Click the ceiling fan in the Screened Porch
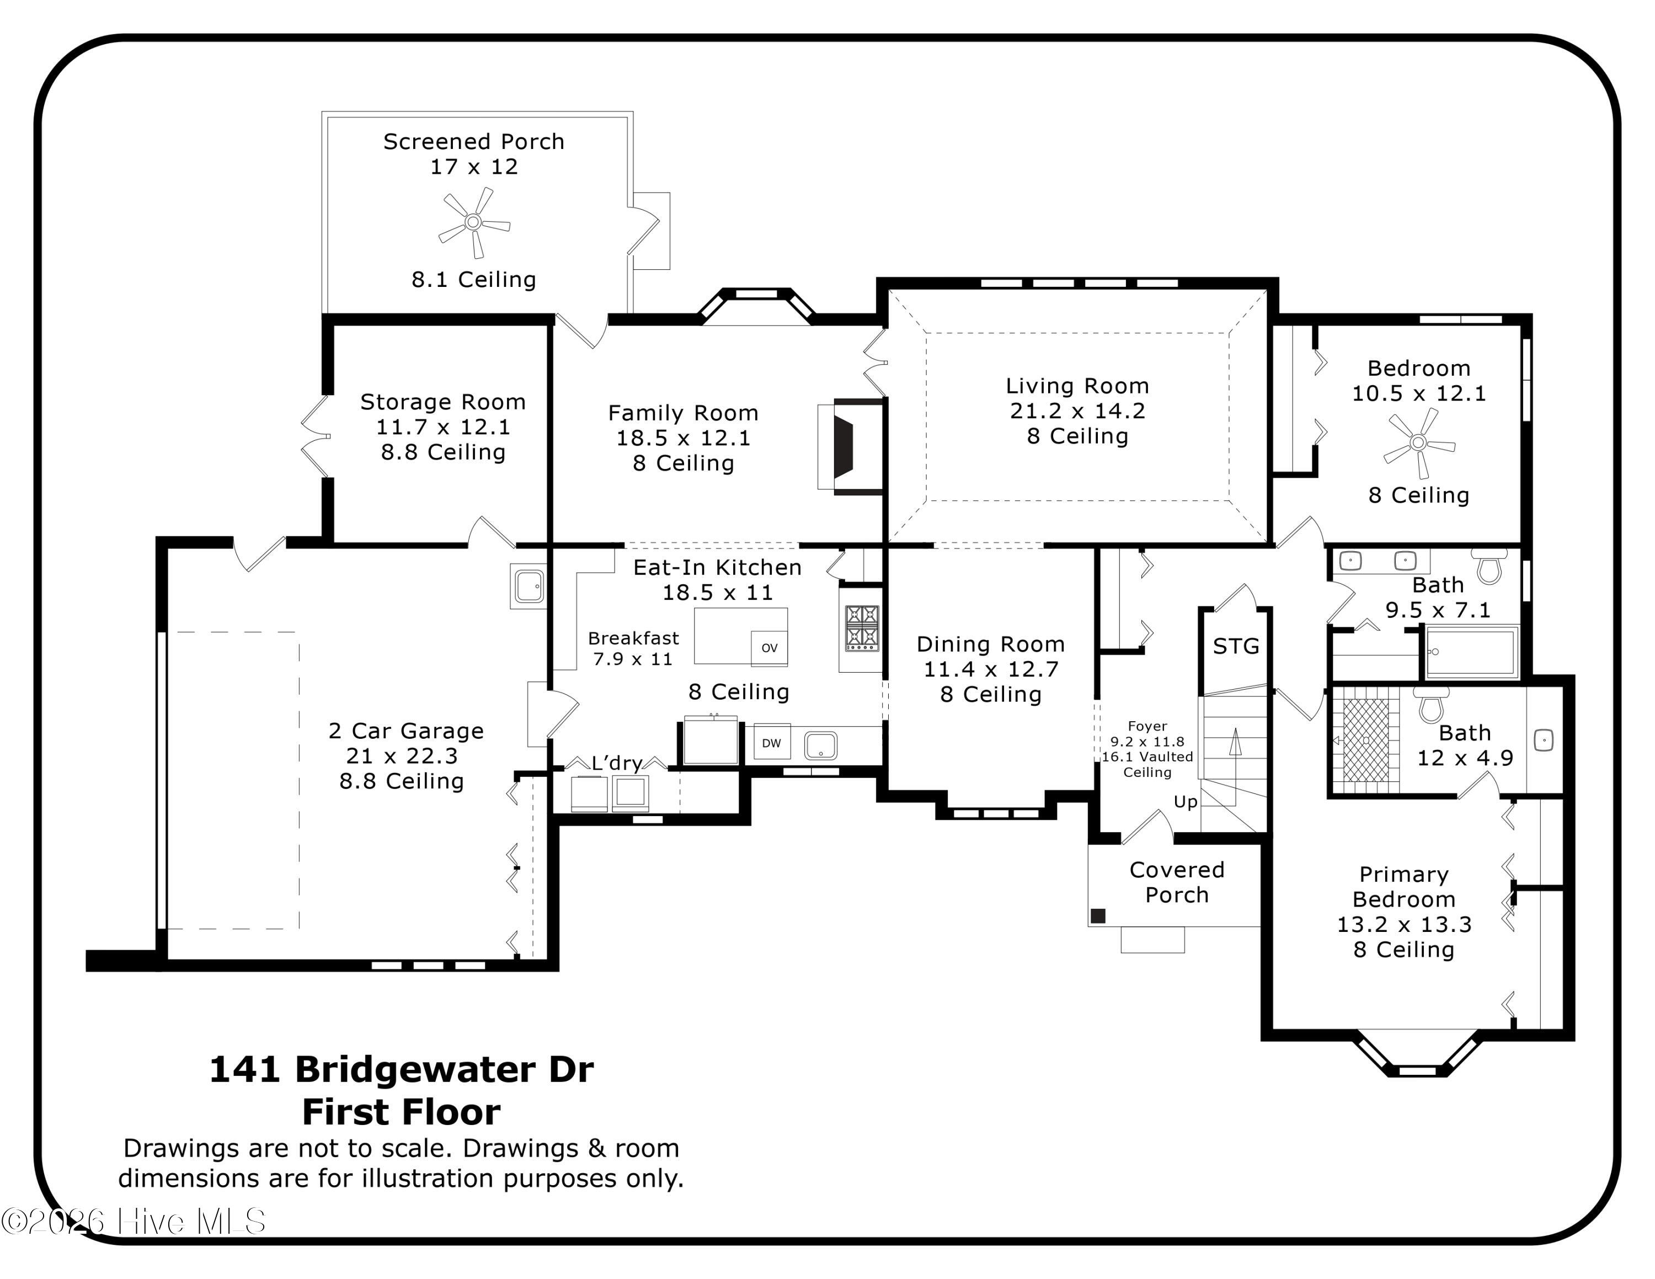pos(474,222)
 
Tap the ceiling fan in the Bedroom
pos(1418,443)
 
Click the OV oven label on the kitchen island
pos(769,648)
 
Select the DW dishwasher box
pos(771,743)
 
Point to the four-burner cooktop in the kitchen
pos(862,627)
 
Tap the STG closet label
pos(1236,646)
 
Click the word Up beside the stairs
pos(1185,802)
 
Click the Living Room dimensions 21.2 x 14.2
pos(1077,411)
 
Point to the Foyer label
pos(1147,726)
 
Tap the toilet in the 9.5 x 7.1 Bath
pos(1489,566)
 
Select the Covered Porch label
pos(1176,882)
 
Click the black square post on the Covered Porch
pos(1097,916)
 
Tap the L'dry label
pos(616,763)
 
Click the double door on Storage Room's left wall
pos(317,436)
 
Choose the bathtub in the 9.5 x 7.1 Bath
pos(1472,652)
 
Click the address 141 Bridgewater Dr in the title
pos(401,1069)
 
